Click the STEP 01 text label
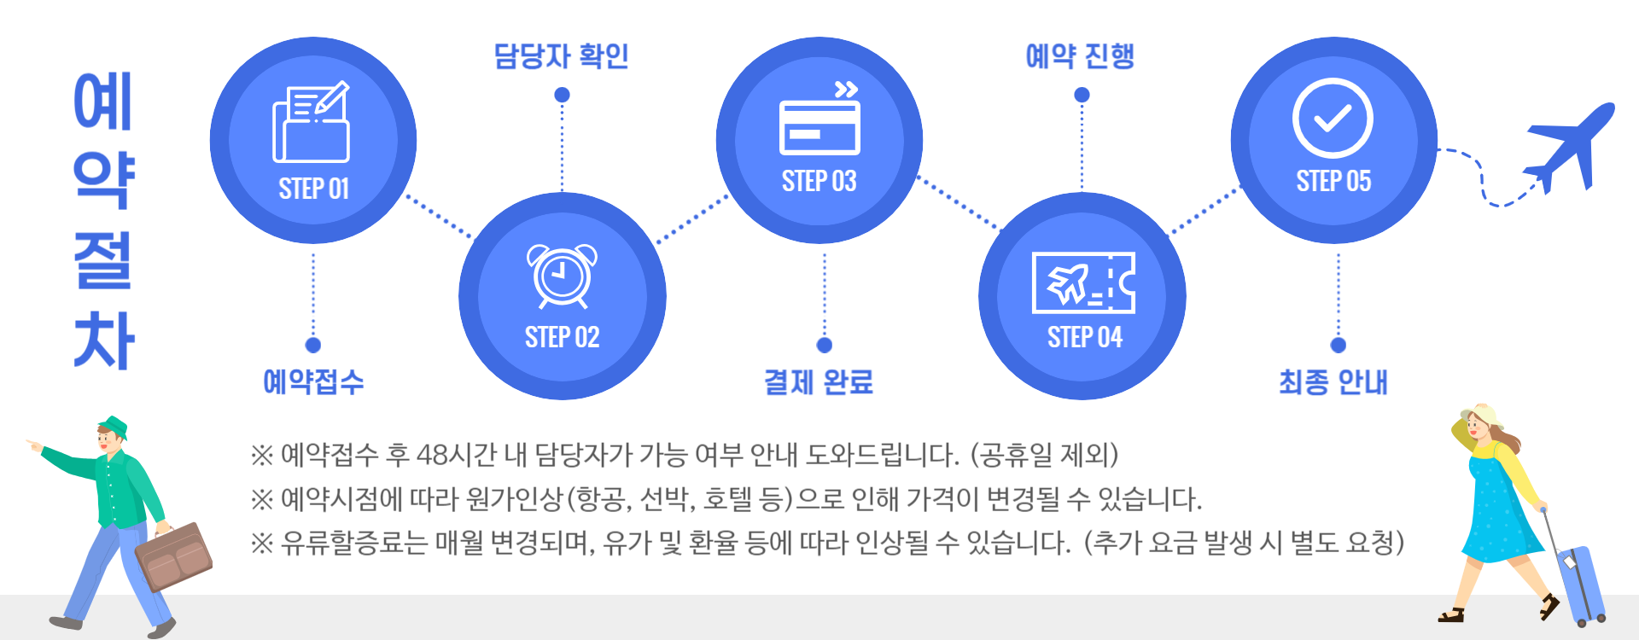(x=313, y=189)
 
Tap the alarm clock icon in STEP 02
(x=562, y=276)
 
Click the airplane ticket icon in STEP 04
(x=1082, y=282)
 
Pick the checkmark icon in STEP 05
(x=1333, y=119)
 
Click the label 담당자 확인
(x=561, y=56)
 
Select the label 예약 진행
(x=1080, y=56)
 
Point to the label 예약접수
(x=313, y=381)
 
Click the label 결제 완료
(x=819, y=381)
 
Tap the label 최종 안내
(x=1333, y=381)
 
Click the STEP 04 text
(x=1084, y=337)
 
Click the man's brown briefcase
(x=175, y=556)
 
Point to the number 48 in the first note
(x=431, y=455)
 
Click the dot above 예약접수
(x=313, y=345)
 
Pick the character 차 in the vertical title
(x=103, y=340)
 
